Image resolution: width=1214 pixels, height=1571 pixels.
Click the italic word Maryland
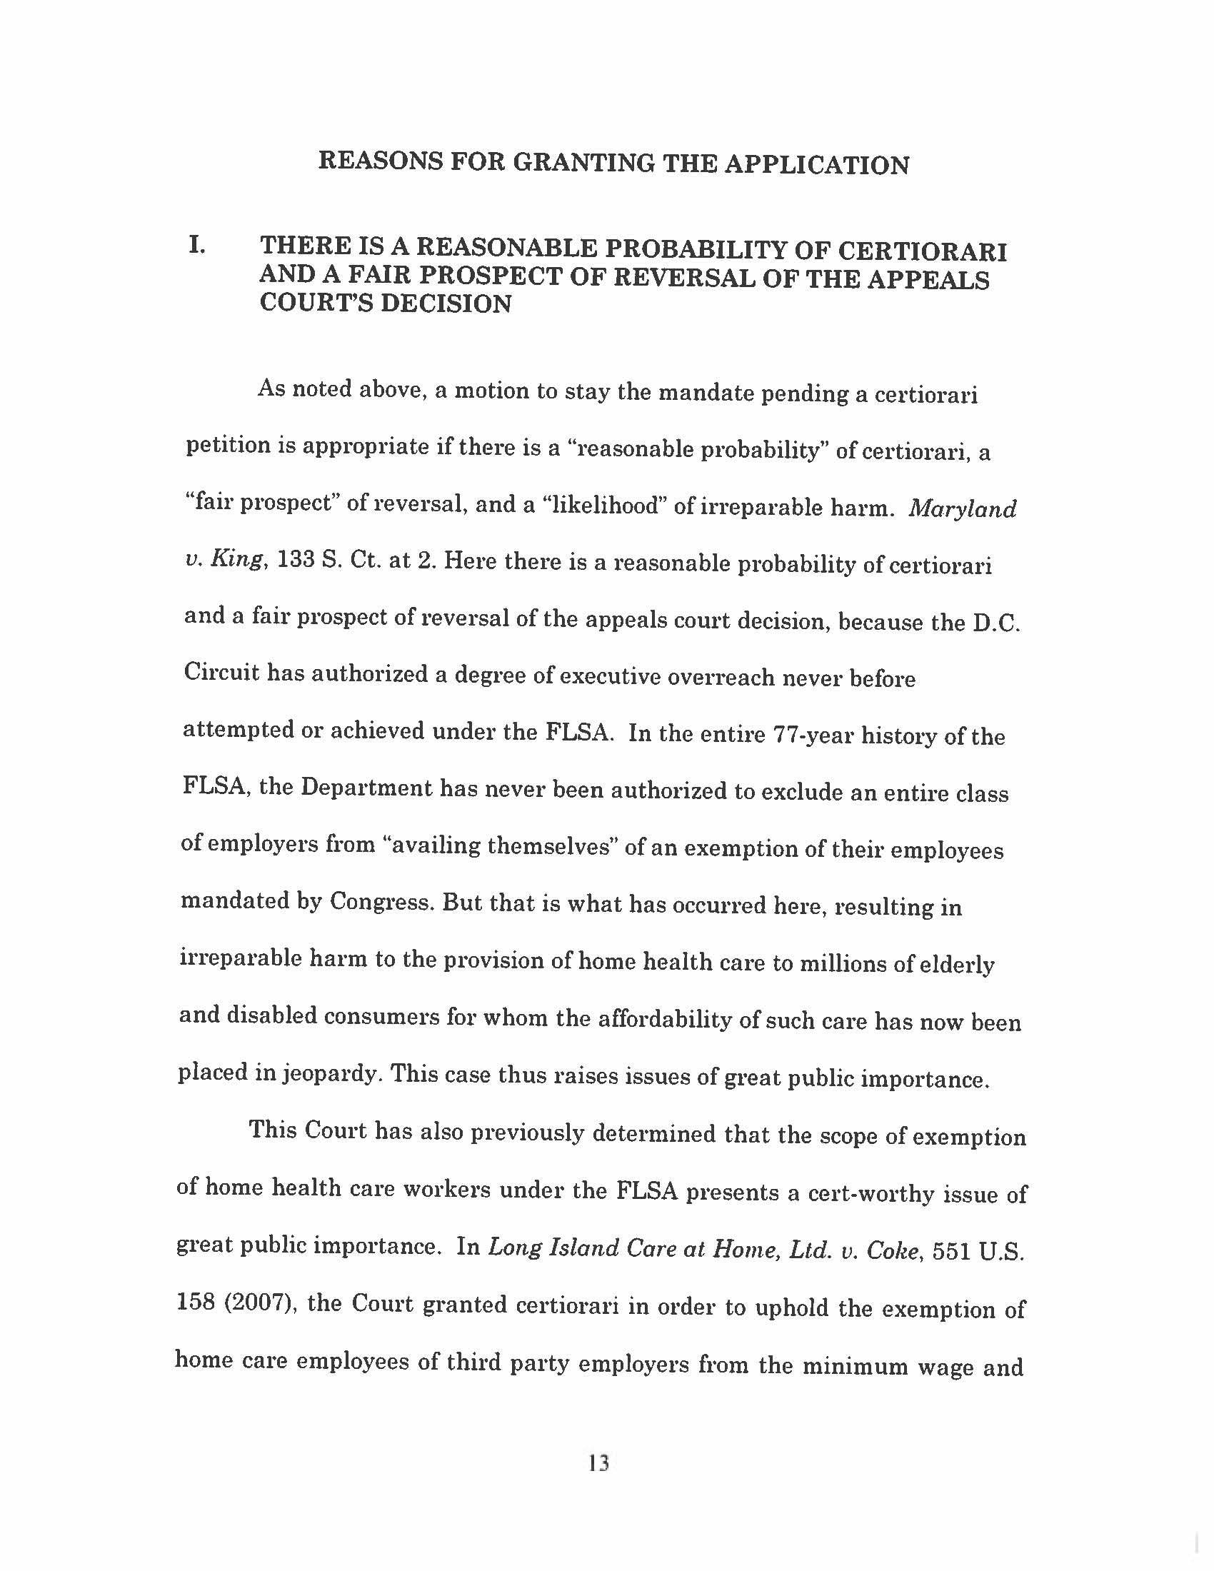point(963,509)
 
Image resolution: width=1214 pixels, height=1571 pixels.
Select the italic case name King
point(240,561)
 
